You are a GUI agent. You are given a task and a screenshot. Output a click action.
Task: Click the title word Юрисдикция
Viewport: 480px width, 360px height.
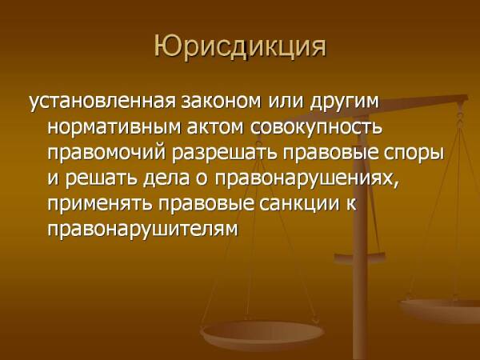240,47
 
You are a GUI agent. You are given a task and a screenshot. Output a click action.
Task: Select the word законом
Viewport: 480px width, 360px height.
222,101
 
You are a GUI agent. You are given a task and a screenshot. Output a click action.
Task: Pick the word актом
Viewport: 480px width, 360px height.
215,127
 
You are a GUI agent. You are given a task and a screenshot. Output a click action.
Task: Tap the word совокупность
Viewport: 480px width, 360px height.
317,128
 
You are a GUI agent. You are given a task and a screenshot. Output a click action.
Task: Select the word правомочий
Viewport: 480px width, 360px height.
107,153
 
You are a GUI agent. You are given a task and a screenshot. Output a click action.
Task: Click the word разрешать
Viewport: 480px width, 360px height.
225,154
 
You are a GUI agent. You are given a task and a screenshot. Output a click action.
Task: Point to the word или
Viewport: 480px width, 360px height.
286,102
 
